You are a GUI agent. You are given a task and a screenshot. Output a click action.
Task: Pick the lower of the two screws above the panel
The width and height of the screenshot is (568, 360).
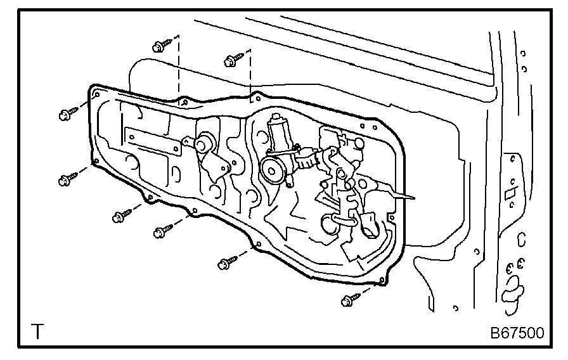(233, 61)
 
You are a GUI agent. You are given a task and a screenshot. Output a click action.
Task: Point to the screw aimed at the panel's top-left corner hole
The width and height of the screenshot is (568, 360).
(67, 114)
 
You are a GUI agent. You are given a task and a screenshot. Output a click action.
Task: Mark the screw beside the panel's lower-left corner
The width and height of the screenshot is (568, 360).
(67, 179)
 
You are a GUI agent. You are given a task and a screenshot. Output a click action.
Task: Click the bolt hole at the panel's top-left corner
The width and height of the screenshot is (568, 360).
(96, 95)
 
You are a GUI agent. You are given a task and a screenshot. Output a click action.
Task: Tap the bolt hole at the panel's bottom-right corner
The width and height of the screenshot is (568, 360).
(381, 280)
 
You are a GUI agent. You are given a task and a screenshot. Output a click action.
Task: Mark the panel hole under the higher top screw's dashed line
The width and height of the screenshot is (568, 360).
(183, 101)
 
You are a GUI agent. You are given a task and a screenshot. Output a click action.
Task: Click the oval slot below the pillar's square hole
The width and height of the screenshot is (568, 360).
(521, 240)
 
